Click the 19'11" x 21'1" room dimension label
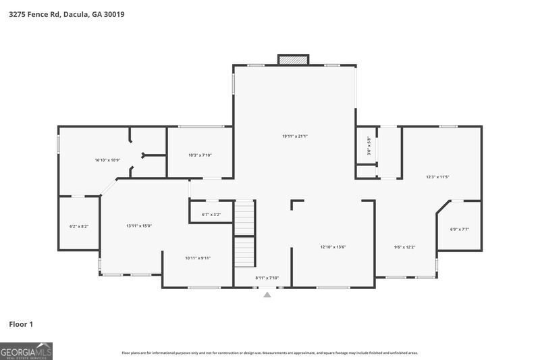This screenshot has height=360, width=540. (295, 136)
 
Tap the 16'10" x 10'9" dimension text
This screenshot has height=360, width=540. (107, 159)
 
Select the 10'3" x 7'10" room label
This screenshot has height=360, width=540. (200, 155)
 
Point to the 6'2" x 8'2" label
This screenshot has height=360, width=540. (79, 226)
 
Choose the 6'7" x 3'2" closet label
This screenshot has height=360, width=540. (211, 215)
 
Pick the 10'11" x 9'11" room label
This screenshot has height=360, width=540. (198, 257)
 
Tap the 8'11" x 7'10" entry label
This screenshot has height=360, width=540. (267, 278)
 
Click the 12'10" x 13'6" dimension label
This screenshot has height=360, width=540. (333, 247)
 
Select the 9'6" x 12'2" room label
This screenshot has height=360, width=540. (404, 247)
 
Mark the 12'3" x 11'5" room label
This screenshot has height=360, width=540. (437, 177)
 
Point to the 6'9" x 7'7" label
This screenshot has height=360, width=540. (459, 229)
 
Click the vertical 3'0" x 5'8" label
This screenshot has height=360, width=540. (369, 147)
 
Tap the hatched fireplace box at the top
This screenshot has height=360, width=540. (294, 60)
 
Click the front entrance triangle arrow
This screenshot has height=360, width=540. (267, 294)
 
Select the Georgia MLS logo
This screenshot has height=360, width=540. (26, 351)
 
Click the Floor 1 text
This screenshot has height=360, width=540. (20, 325)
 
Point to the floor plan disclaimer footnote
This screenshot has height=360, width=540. (269, 353)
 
